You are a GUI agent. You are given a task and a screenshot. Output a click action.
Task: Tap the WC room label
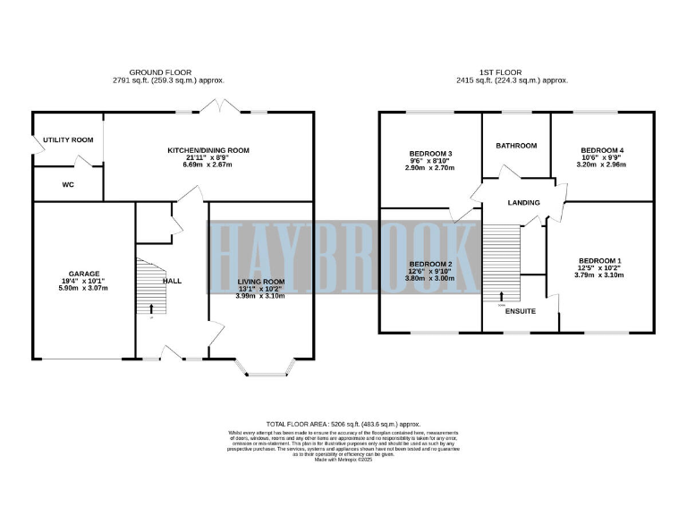tap(67, 185)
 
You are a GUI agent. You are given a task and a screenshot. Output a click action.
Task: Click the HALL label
tap(172, 281)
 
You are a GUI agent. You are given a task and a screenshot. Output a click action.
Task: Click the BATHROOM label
tap(516, 146)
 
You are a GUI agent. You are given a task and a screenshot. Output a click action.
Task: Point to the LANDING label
tap(523, 203)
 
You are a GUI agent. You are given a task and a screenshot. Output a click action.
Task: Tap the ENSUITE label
tap(520, 312)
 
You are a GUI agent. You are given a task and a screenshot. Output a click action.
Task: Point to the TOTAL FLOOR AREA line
tap(343, 424)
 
